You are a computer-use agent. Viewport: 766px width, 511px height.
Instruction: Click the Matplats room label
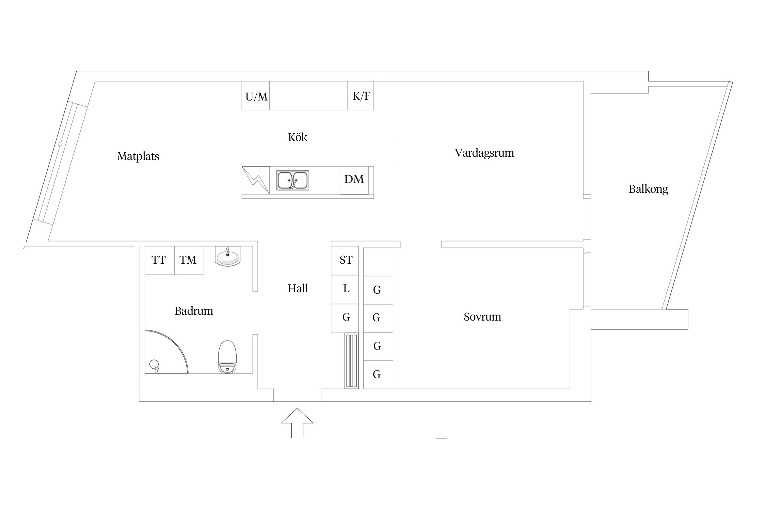pyautogui.click(x=138, y=156)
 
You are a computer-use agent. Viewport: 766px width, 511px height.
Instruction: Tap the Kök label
pyautogui.click(x=297, y=137)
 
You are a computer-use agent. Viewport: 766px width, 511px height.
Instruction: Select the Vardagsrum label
pyautogui.click(x=484, y=153)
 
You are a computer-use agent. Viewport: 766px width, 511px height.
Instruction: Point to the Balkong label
pyautogui.click(x=648, y=189)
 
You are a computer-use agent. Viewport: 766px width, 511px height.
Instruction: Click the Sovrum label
pyautogui.click(x=482, y=317)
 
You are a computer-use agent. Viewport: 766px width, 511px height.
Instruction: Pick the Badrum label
pyautogui.click(x=194, y=311)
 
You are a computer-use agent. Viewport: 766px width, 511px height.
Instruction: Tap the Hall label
pyautogui.click(x=297, y=289)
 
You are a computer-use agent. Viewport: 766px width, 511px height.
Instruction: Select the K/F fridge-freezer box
pyautogui.click(x=361, y=96)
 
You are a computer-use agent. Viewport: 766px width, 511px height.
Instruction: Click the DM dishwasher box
pyautogui.click(x=354, y=180)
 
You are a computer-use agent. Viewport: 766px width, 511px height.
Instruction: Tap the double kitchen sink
pyautogui.click(x=292, y=180)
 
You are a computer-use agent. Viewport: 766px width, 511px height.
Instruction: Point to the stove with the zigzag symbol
pyautogui.click(x=255, y=180)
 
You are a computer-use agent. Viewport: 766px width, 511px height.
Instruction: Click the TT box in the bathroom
pyautogui.click(x=159, y=260)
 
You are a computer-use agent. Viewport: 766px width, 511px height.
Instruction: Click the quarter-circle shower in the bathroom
pyautogui.click(x=163, y=354)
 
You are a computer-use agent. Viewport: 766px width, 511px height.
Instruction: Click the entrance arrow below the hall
pyautogui.click(x=297, y=422)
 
